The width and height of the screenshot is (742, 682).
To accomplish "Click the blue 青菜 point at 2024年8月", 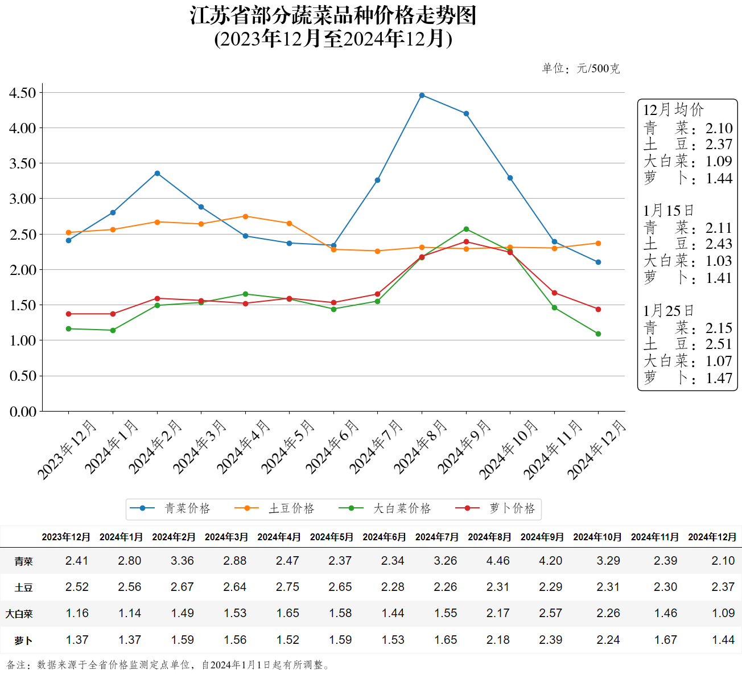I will pyautogui.click(x=422, y=95).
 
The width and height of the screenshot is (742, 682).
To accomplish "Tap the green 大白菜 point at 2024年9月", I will pyautogui.click(x=466, y=229).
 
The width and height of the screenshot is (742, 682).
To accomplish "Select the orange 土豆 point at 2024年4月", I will pyautogui.click(x=245, y=216).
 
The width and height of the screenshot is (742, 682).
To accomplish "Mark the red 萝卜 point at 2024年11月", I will pyautogui.click(x=554, y=293).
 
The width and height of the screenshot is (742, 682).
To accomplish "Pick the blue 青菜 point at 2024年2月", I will pyautogui.click(x=157, y=173).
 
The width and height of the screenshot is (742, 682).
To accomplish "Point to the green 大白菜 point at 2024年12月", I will pyautogui.click(x=598, y=334).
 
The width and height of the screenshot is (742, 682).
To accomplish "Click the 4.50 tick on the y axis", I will pyautogui.click(x=23, y=93).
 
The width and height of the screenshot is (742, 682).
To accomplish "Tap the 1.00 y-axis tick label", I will pyautogui.click(x=23, y=340).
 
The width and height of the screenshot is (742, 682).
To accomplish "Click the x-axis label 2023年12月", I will pyautogui.click(x=68, y=450).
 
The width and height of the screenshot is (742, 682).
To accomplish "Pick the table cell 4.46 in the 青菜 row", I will pyautogui.click(x=498, y=561).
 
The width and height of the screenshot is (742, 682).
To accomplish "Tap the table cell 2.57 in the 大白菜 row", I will pyautogui.click(x=550, y=613).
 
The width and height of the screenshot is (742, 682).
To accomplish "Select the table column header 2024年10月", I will pyautogui.click(x=597, y=537).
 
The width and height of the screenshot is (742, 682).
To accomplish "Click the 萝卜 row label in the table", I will pyautogui.click(x=23, y=640).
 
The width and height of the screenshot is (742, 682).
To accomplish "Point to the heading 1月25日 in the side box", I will pyautogui.click(x=669, y=311).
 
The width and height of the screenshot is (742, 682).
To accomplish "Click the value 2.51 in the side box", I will pyautogui.click(x=719, y=344).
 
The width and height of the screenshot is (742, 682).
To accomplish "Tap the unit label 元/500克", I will pyautogui.click(x=598, y=69).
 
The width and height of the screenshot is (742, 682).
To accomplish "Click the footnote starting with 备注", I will pyautogui.click(x=168, y=665).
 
